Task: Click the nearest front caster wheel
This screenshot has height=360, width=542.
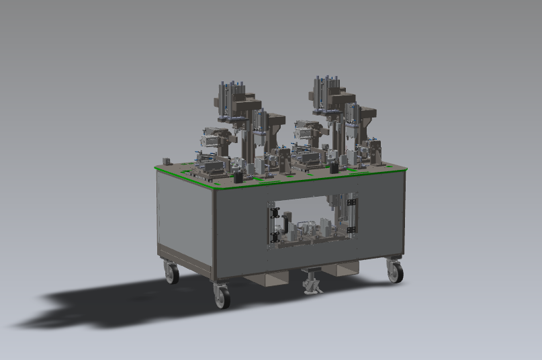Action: [221, 296]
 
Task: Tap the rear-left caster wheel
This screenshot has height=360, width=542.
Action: [172, 273]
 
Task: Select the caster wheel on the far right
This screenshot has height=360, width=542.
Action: [395, 271]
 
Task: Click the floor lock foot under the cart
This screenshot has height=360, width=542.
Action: [311, 282]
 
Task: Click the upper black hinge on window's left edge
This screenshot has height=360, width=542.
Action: [273, 213]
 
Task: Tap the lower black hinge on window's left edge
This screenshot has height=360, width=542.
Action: [273, 236]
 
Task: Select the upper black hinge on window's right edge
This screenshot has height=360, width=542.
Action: [351, 204]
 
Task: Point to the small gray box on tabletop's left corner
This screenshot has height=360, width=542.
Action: [166, 161]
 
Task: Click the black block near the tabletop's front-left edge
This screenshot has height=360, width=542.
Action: [238, 177]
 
